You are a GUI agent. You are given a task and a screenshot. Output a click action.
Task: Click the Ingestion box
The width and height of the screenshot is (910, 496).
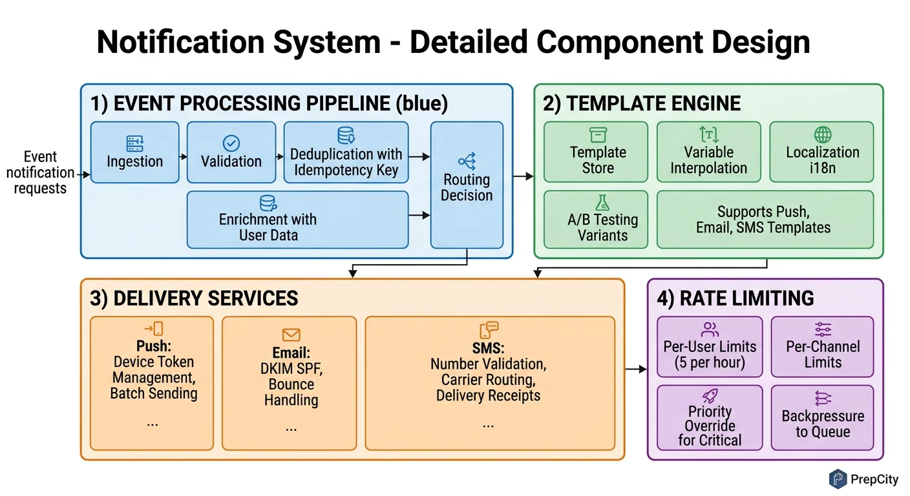coord(134,152)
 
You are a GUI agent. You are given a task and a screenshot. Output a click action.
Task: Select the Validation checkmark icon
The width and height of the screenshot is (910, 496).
coord(231,143)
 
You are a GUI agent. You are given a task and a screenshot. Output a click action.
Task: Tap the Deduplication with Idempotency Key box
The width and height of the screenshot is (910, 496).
coord(346,152)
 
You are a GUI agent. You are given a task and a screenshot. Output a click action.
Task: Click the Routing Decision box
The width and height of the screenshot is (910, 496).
coord(467,185)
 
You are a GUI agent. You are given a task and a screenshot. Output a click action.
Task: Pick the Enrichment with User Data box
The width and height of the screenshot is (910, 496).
coord(297,220)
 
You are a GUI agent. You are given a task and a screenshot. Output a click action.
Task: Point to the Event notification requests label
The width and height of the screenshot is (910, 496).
coord(40,172)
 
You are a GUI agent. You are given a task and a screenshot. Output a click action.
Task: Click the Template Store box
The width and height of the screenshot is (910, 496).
coord(595,152)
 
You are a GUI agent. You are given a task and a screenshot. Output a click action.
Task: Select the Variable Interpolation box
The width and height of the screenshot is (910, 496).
coord(708,152)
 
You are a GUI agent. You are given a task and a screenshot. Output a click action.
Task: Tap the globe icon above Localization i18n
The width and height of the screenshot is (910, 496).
coord(822,135)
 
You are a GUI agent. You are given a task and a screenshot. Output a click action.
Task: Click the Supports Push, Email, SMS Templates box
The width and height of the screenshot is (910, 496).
coord(765,220)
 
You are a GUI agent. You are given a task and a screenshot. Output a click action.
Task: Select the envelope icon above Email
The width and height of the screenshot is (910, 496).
coord(291,335)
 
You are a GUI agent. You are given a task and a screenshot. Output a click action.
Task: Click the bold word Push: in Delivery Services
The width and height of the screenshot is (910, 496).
coord(153,346)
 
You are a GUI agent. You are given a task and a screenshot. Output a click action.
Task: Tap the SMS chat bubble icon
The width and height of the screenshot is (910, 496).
coord(489,328)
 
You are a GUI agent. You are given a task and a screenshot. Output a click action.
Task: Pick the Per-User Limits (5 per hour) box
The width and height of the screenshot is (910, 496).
coord(710,347)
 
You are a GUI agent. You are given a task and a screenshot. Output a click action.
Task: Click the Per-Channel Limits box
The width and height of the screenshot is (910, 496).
coord(822,347)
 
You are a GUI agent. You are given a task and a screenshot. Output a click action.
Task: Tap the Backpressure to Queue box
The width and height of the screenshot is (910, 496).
coord(822,418)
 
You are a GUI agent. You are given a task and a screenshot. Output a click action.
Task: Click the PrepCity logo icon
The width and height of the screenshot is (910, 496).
coord(838,479)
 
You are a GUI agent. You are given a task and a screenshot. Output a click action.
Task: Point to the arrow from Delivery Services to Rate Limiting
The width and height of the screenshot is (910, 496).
coord(636,369)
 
